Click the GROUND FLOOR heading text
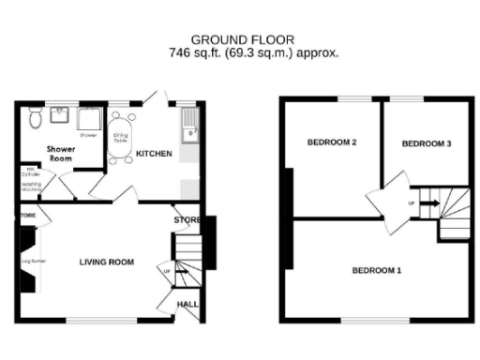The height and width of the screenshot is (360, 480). pyautogui.click(x=242, y=39)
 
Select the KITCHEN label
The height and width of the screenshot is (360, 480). pyautogui.click(x=154, y=153)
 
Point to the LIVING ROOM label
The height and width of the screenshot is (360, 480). pyautogui.click(x=106, y=262)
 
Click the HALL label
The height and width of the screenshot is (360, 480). pyautogui.click(x=187, y=305)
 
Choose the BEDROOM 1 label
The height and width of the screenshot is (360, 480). pyautogui.click(x=376, y=271)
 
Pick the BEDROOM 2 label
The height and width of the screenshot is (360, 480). pyautogui.click(x=332, y=142)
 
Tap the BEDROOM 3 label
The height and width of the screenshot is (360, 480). pyautogui.click(x=427, y=143)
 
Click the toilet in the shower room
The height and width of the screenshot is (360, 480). pyautogui.click(x=34, y=119)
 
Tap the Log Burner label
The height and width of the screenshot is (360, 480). pyautogui.click(x=34, y=253)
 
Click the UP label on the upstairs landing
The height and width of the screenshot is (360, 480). pyautogui.click(x=412, y=202)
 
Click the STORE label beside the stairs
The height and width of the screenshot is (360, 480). pyautogui.click(x=183, y=220)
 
